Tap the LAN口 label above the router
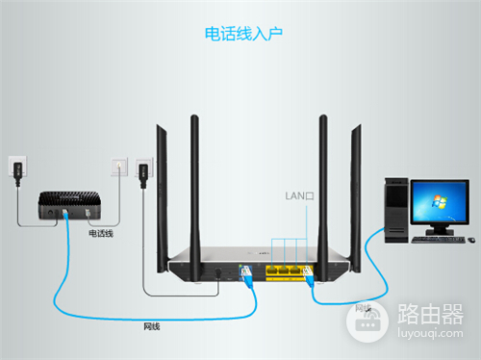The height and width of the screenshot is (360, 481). [299, 194]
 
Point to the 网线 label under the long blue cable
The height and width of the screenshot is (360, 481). [151, 326]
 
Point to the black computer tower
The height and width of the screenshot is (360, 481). [396, 208]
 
